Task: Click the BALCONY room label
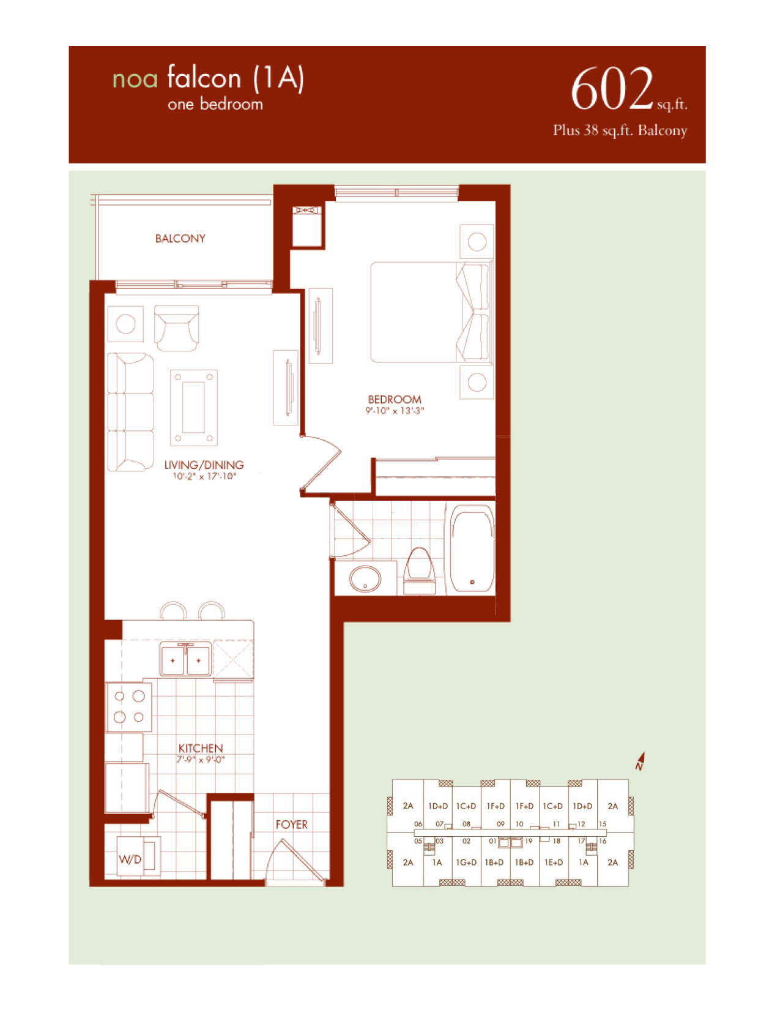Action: point(180,239)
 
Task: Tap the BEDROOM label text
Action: point(395,399)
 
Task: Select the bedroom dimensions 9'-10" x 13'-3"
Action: point(395,411)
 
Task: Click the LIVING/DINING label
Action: point(204,465)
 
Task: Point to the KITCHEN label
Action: point(201,749)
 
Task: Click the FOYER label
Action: point(291,825)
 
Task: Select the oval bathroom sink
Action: point(365,579)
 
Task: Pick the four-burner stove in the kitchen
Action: point(128,706)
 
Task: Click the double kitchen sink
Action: point(186,659)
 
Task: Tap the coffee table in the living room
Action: point(194,408)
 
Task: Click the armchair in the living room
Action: point(177,328)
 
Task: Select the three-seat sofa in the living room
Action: point(130,413)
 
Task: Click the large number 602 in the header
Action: point(612,89)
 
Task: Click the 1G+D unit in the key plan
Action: point(466,862)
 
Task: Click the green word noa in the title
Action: point(135,80)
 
